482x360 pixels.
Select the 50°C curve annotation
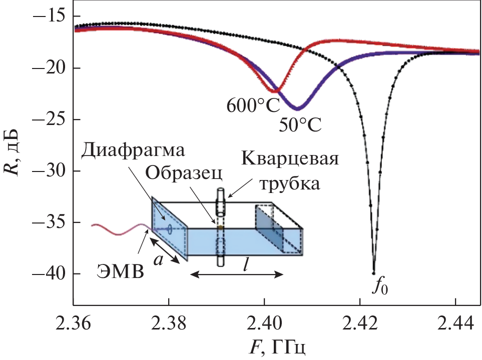[300, 123]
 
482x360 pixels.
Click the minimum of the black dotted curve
[373, 273]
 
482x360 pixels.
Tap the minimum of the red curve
[274, 91]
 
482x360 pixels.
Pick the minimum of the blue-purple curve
[297, 108]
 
